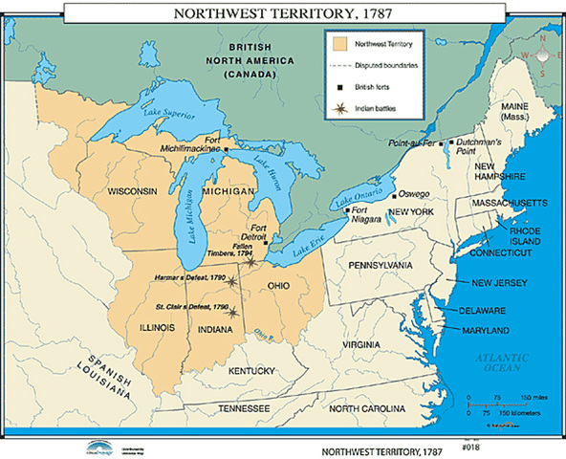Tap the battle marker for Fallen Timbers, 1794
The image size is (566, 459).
[x=251, y=261]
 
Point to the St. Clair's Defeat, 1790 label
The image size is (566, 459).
[x=192, y=307]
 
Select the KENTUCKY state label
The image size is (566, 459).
[x=252, y=370]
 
